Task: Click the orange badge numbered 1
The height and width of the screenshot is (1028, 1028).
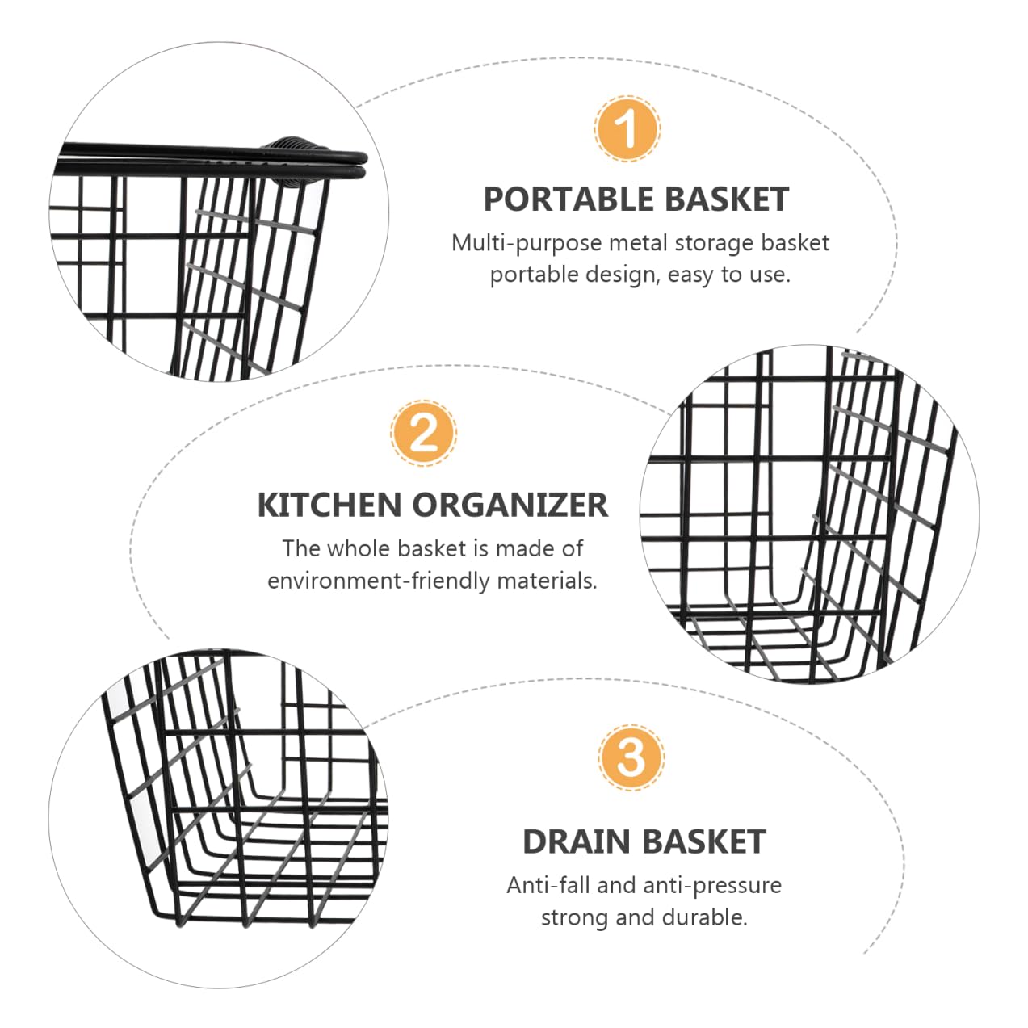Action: (627, 128)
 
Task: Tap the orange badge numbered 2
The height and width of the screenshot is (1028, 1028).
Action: (424, 434)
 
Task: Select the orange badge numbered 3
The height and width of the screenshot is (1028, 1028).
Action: (631, 757)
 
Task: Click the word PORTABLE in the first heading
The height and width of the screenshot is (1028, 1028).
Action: (569, 199)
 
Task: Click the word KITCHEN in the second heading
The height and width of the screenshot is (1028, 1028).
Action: (329, 506)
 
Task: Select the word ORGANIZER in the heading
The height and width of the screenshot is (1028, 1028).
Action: (510, 506)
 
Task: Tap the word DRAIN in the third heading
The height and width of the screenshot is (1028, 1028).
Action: (577, 841)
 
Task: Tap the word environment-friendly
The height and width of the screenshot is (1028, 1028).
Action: (378, 581)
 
